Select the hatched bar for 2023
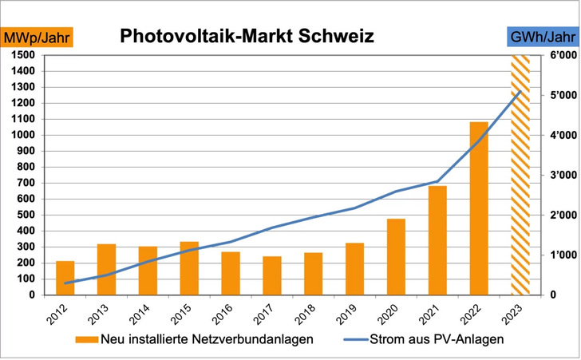click(x=520, y=175)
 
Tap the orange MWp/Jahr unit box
click(x=38, y=38)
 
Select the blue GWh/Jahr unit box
click(x=542, y=38)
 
